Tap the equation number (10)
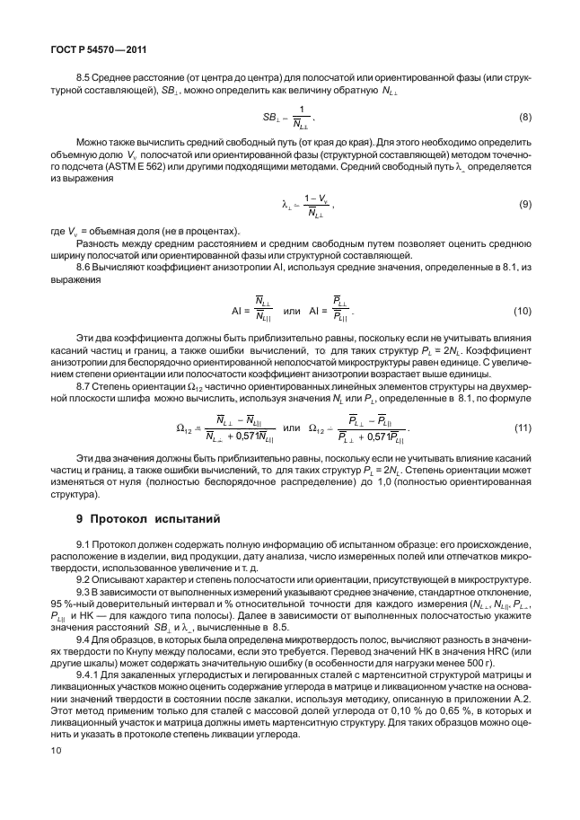point(522,311)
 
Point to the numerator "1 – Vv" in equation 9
point(314,198)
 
